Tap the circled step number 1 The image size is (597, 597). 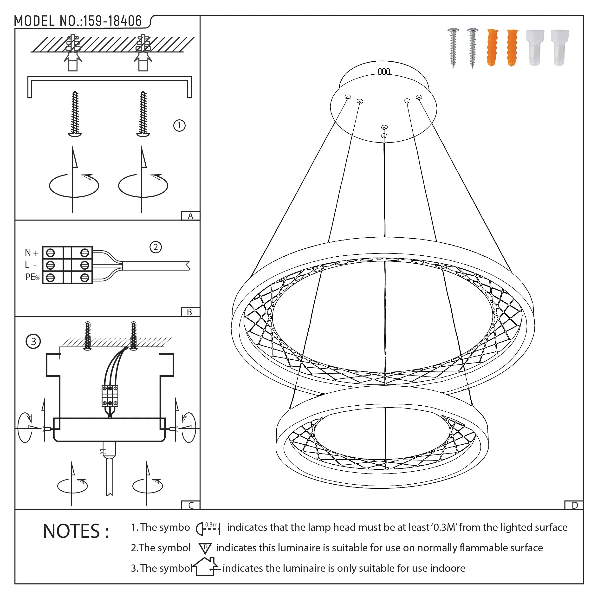coord(179,125)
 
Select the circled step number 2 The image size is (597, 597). coord(156,247)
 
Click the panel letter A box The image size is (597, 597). coord(190,216)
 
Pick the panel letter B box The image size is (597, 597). coord(190,312)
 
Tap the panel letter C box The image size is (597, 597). coord(191,505)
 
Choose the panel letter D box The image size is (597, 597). coord(574,505)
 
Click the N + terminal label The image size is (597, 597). coord(32,253)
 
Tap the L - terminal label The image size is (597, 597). coord(30,265)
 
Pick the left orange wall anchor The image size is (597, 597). coord(493,48)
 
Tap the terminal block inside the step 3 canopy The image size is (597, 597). coord(110,396)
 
